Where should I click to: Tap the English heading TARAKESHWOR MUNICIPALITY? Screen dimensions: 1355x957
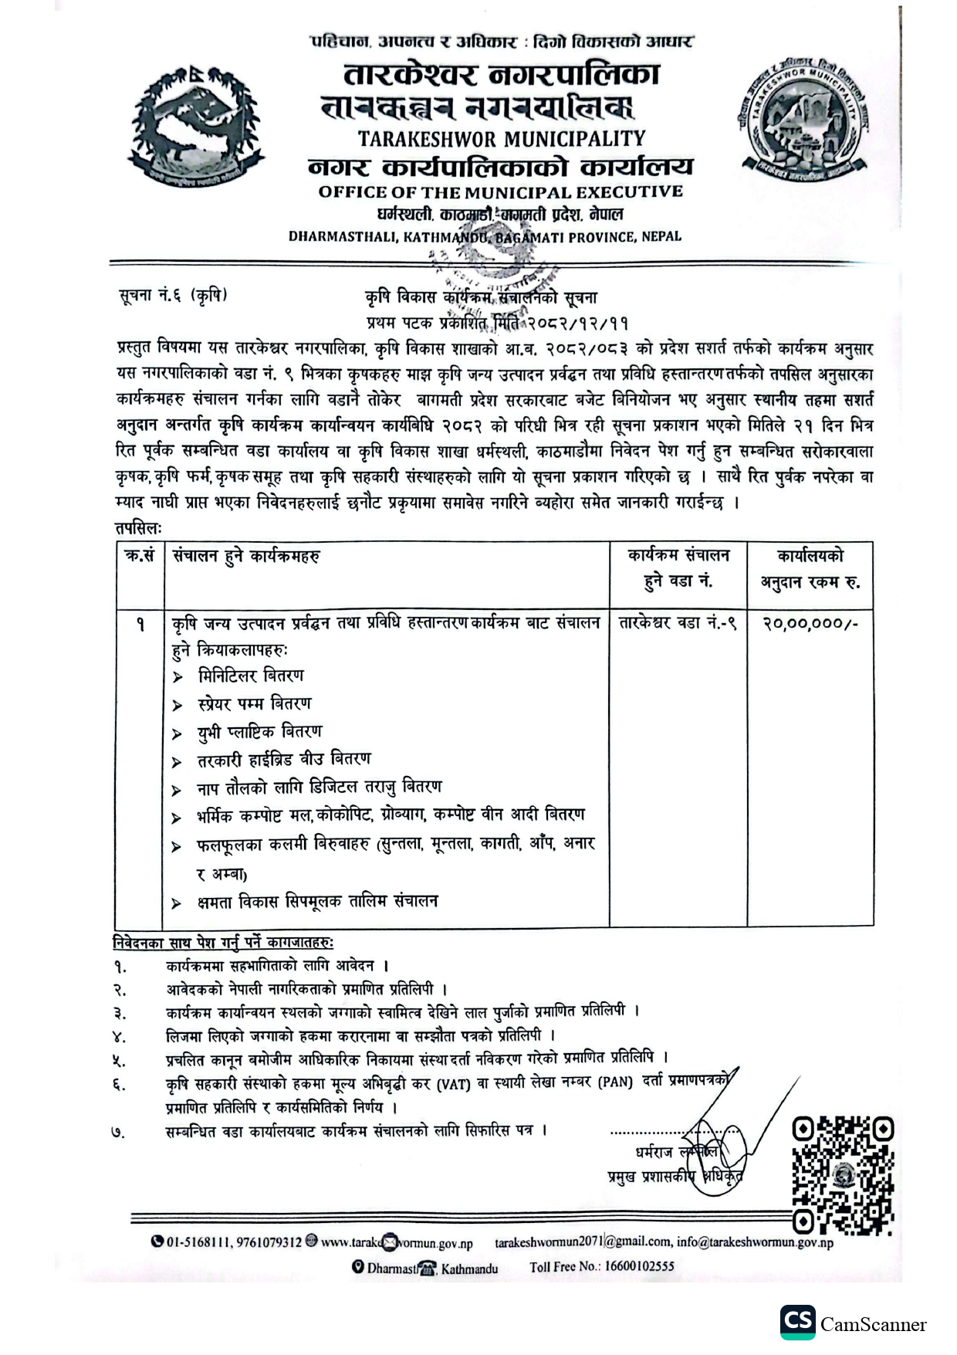tap(501, 139)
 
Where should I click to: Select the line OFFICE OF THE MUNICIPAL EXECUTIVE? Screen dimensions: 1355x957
tap(501, 192)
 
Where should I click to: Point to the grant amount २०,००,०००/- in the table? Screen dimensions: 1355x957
tap(810, 623)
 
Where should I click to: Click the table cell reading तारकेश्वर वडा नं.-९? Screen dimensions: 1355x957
tap(678, 623)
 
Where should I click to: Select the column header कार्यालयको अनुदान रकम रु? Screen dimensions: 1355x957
tap(810, 569)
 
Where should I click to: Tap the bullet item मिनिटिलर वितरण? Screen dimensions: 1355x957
tap(251, 676)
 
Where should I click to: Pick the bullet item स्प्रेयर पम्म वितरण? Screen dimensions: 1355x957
tap(255, 704)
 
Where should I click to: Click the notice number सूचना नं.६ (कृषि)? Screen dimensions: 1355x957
tap(174, 296)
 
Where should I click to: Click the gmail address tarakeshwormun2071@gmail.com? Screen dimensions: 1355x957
tap(583, 1242)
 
